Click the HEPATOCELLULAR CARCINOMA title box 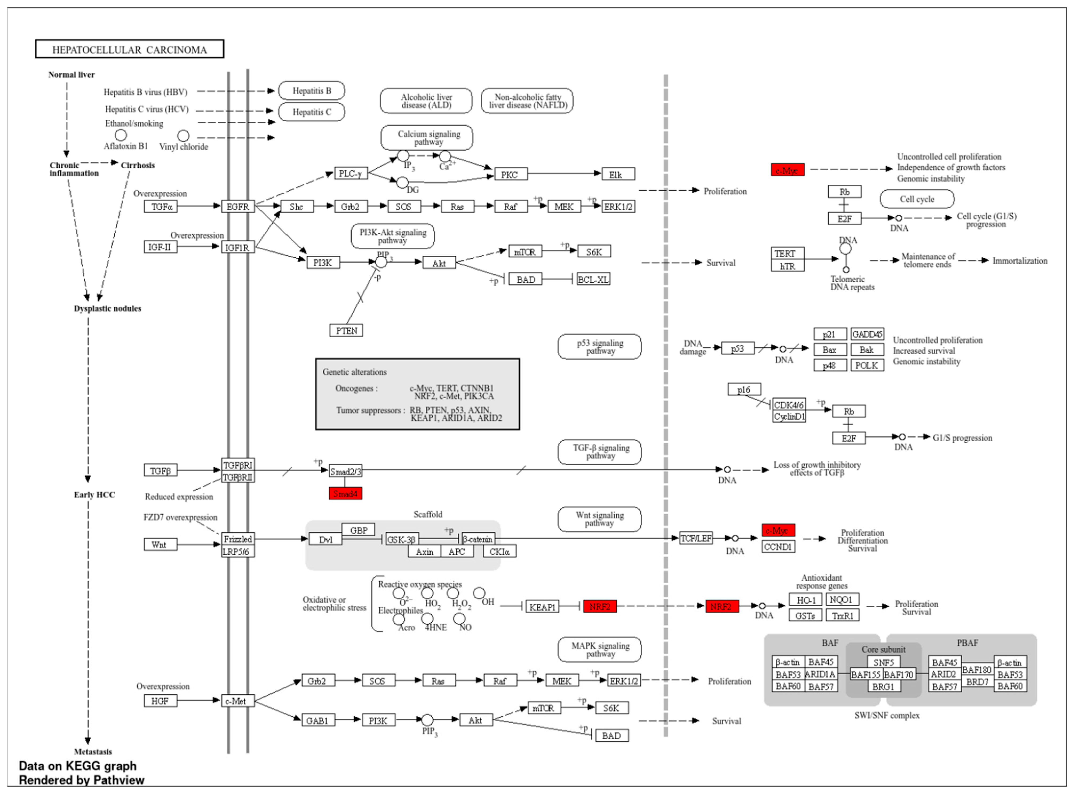pyautogui.click(x=129, y=49)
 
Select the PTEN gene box pyautogui.click(x=346, y=331)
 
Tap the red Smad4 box pyautogui.click(x=345, y=493)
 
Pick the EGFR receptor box pyautogui.click(x=238, y=206)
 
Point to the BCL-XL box pyautogui.click(x=593, y=279)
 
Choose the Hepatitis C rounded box pyautogui.click(x=312, y=112)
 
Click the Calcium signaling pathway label pyautogui.click(x=427, y=138)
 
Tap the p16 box pyautogui.click(x=744, y=389)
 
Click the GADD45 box pyautogui.click(x=867, y=334)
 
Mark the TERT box pyautogui.click(x=787, y=253)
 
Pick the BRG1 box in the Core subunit pyautogui.click(x=883, y=686)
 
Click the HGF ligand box pyautogui.click(x=160, y=701)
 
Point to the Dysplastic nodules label pyautogui.click(x=107, y=308)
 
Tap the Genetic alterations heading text pyautogui.click(x=354, y=372)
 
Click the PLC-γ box pyautogui.click(x=351, y=173)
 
